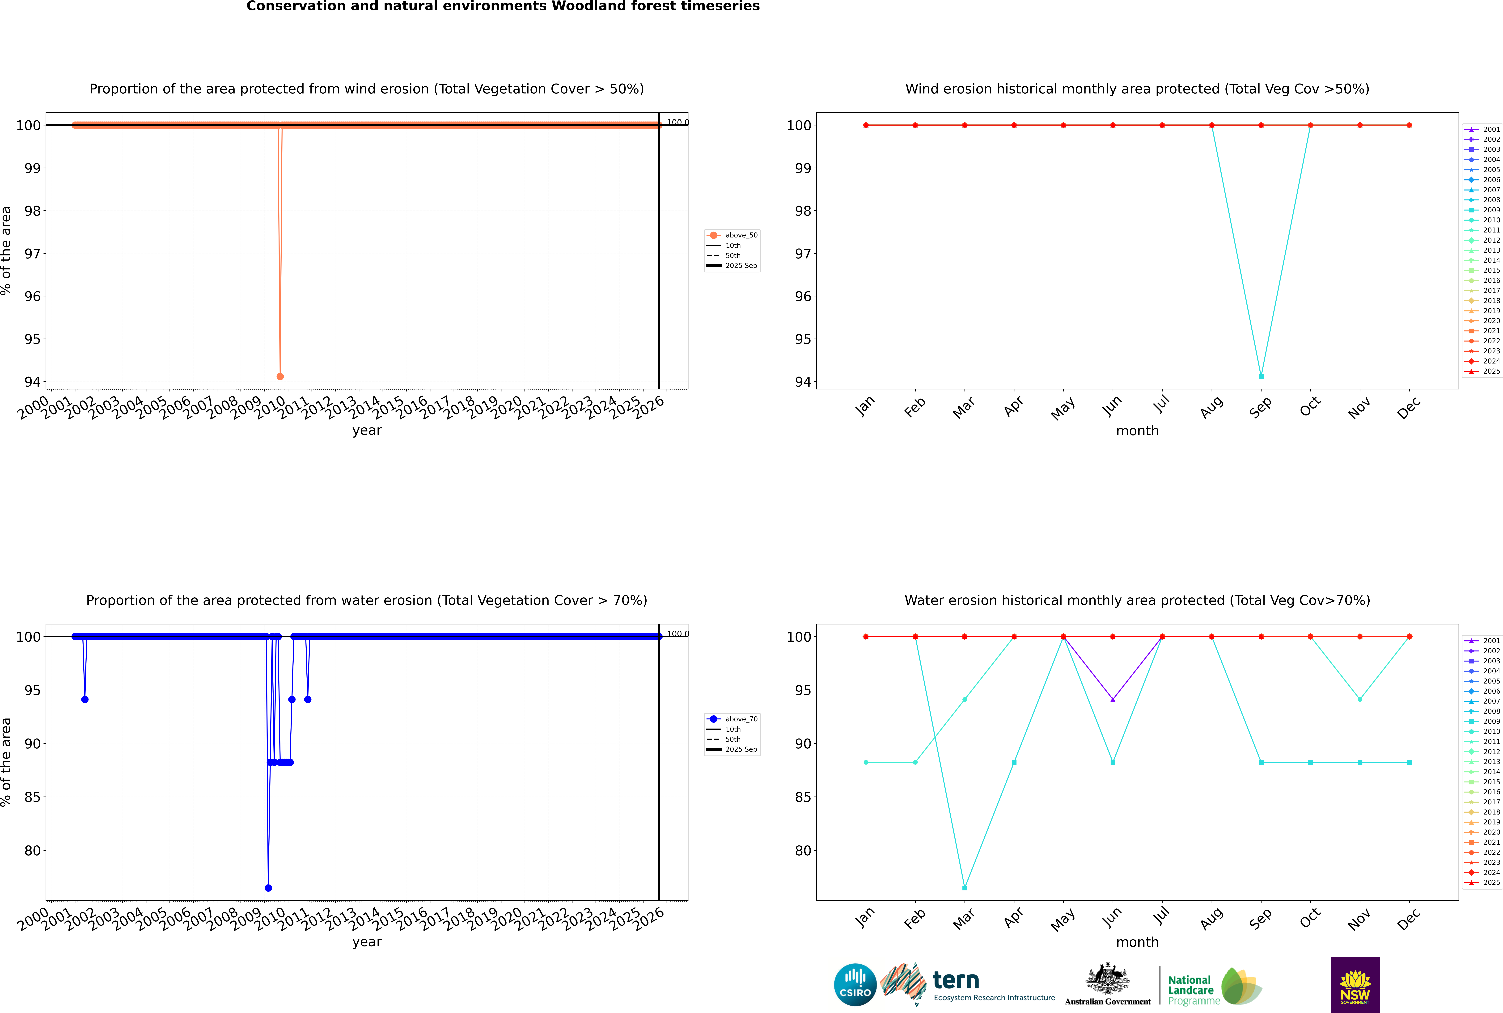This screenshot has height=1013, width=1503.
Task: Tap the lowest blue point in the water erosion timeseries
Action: coord(268,888)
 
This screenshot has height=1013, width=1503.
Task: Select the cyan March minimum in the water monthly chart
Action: coord(965,888)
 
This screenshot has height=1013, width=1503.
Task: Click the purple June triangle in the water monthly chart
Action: coord(1113,699)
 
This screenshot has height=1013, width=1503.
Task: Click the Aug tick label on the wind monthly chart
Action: coord(1211,407)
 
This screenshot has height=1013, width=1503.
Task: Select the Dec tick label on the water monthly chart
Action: coord(1409,919)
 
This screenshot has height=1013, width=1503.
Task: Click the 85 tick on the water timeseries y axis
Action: coord(32,797)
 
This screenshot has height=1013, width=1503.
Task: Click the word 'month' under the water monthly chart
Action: coord(1137,942)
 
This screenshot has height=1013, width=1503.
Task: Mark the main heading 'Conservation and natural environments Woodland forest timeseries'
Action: coord(503,6)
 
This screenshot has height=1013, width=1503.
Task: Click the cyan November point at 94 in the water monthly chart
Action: coord(1359,699)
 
